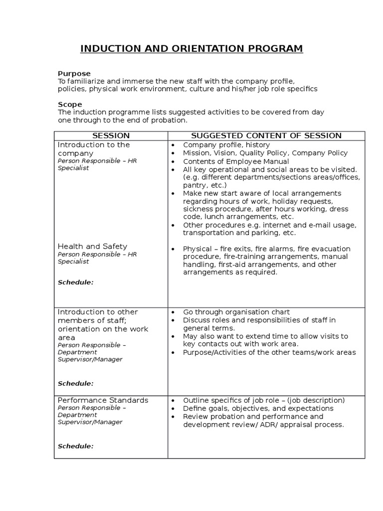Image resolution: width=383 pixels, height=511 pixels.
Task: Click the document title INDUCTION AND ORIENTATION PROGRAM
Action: (191, 48)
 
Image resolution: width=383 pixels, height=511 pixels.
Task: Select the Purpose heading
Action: (74, 73)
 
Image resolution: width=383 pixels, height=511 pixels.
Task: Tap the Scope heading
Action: (70, 104)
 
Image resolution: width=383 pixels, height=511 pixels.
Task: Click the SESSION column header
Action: (111, 136)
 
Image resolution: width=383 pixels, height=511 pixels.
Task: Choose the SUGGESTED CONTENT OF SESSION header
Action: (266, 136)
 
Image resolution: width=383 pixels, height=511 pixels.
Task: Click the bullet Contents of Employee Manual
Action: (235, 161)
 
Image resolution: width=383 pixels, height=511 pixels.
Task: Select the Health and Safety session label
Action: (92, 246)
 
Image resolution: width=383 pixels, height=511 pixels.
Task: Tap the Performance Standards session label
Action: (103, 400)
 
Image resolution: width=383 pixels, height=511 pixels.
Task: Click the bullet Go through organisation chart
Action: (236, 312)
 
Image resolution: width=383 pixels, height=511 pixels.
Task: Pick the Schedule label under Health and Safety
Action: (75, 282)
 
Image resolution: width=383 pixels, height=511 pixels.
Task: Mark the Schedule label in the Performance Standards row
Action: (75, 446)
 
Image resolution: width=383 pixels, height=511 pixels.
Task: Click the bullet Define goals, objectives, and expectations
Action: (258, 408)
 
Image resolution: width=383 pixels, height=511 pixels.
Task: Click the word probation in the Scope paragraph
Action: (171, 120)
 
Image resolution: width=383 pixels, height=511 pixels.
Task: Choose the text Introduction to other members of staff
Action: (98, 316)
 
